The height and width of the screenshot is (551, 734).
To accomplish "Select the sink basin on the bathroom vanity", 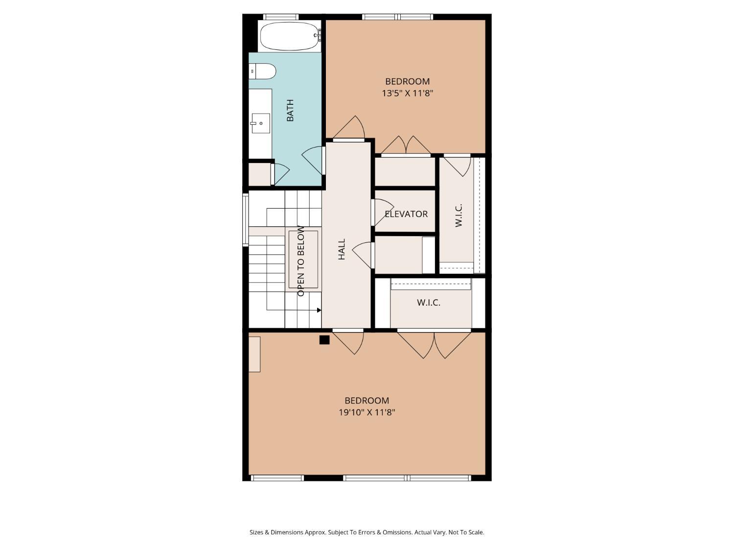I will tap(261, 123).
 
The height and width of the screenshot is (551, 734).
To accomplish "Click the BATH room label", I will tap(290, 110).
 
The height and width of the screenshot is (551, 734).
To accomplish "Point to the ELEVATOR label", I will tap(406, 214).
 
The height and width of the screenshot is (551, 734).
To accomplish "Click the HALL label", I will tap(342, 249).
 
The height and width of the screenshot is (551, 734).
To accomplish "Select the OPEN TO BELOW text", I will tap(301, 261).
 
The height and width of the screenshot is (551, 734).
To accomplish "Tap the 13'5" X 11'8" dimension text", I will tap(407, 93).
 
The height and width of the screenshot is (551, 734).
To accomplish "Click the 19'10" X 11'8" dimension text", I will tap(367, 412).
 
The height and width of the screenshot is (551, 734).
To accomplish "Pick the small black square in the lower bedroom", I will tap(324, 340).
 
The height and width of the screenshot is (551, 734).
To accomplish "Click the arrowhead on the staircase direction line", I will tap(319, 310).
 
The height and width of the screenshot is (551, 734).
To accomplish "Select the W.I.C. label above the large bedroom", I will tap(429, 303).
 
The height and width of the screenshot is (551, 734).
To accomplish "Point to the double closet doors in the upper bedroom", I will tap(406, 145).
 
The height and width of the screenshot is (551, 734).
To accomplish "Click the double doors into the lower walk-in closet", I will tap(434, 344).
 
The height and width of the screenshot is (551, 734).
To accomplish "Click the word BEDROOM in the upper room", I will tap(407, 81).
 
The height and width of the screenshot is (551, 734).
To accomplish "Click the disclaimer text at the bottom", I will tap(367, 532).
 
